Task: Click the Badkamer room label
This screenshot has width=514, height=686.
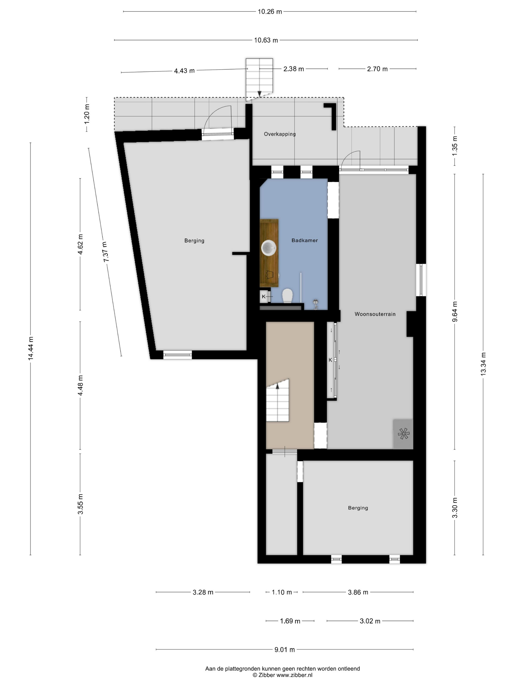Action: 304,240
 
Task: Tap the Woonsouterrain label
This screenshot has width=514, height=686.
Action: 375,314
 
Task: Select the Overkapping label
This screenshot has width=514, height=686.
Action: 280,134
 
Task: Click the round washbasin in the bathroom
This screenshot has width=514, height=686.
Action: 269,248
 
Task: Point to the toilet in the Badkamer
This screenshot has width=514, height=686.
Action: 288,295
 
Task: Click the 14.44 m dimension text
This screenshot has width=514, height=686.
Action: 31,349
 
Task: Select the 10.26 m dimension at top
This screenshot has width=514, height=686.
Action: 270,12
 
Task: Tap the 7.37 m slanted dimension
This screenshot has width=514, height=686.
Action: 106,252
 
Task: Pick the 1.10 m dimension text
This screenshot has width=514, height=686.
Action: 282,592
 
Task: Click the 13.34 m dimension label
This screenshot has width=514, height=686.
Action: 483,364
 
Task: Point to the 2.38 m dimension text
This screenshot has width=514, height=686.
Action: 293,69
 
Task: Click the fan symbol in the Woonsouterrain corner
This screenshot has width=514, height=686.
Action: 403,434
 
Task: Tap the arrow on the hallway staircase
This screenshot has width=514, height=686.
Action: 277,386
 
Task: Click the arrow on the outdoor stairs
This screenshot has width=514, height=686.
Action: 259,93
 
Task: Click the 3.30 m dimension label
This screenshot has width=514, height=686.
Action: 455,508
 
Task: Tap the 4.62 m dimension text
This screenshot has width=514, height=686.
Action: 80,244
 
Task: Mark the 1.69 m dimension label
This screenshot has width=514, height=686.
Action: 290,621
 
